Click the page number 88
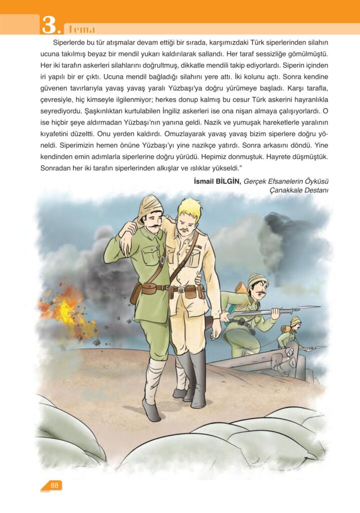click(x=55, y=485)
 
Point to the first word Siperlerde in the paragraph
click(x=71, y=43)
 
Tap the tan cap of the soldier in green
click(x=149, y=206)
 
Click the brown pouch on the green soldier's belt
click(x=149, y=289)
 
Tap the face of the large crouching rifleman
click(x=257, y=289)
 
